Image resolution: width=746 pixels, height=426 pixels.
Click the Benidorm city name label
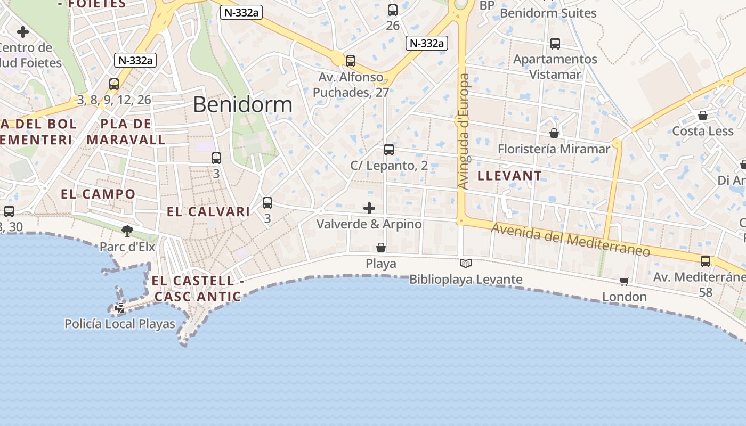242,104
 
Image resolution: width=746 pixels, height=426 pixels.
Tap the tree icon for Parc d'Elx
127,231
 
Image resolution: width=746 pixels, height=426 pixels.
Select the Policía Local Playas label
119,324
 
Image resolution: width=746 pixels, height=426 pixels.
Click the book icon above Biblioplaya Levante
466,263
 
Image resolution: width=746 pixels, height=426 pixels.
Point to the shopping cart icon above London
624,281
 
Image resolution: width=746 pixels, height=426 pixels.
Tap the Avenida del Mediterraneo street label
570,239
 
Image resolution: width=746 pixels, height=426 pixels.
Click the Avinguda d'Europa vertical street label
464,131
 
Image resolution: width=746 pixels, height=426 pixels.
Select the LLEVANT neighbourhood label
509,176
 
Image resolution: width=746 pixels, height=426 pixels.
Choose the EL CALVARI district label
208,211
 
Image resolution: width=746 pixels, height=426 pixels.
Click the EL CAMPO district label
98,194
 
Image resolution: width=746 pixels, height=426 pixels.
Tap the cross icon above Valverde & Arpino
369,208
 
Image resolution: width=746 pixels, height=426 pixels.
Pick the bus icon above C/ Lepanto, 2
389,150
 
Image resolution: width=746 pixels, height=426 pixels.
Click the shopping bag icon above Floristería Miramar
554,133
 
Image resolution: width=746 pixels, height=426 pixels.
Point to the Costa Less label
703,131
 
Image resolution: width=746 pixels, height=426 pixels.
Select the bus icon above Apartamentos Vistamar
555,44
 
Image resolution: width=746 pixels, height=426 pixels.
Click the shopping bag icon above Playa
381,248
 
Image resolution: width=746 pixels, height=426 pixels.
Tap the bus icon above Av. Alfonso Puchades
351,61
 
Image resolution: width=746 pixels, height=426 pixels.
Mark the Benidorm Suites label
548,13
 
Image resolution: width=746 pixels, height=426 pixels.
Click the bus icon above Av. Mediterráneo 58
706,261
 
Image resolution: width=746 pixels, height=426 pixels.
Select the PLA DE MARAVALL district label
126,132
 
